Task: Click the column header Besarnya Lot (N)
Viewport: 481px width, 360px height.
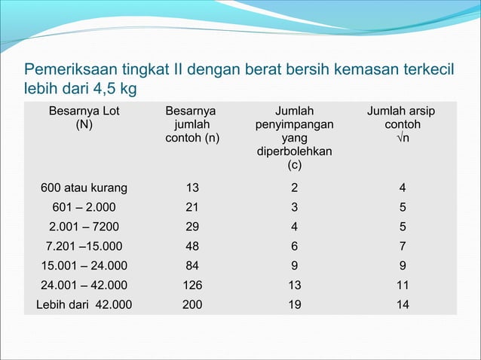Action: pos(84,118)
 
